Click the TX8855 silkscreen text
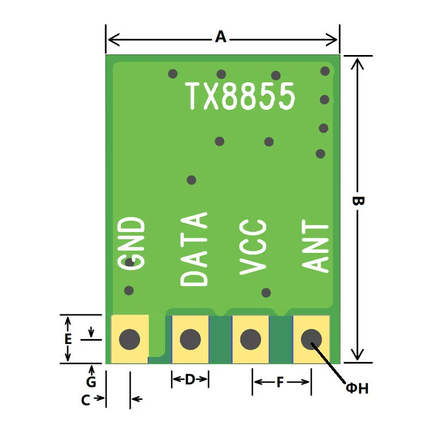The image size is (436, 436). click(x=240, y=96)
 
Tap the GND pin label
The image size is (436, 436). click(x=131, y=243)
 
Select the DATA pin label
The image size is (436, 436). click(x=194, y=249)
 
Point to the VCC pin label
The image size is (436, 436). click(x=253, y=247)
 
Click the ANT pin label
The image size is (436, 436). click(x=316, y=246)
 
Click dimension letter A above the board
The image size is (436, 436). click(x=221, y=37)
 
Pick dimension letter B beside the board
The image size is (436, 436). click(x=358, y=201)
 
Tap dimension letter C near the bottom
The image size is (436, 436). click(x=86, y=400)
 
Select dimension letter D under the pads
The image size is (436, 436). click(x=190, y=379)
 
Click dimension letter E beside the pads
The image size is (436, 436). click(x=68, y=339)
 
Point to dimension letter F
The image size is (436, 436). click(x=280, y=382)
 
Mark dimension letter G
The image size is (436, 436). click(x=91, y=382)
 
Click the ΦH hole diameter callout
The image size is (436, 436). click(x=358, y=388)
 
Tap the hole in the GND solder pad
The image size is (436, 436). click(x=130, y=339)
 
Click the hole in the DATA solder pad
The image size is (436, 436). click(x=190, y=339)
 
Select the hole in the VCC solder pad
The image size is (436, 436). click(x=251, y=339)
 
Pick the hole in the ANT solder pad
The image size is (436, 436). click(x=311, y=339)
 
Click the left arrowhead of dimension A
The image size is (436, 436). click(x=113, y=40)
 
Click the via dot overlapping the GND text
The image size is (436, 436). click(x=130, y=262)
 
